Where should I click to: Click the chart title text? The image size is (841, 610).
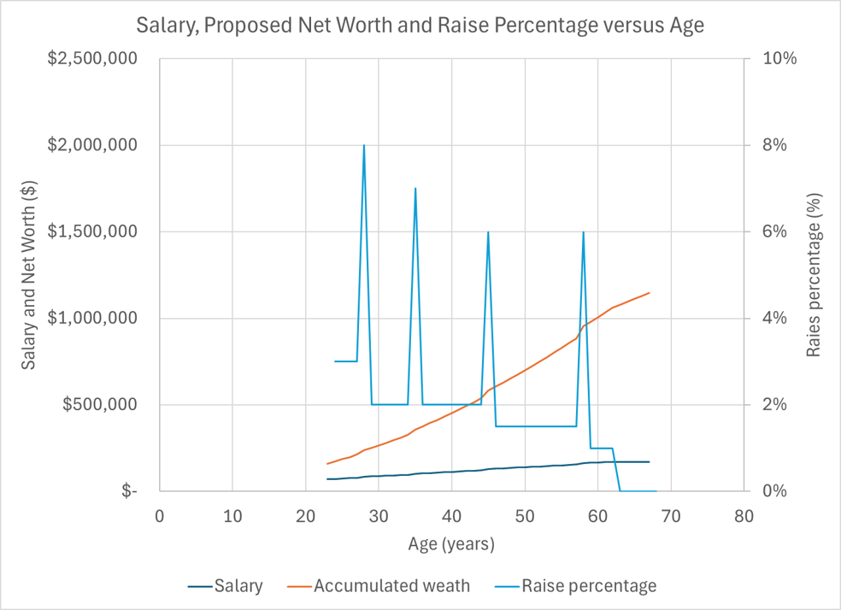coord(420,26)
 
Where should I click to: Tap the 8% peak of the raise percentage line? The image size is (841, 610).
coord(364,145)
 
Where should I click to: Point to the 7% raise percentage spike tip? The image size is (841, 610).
coord(415,189)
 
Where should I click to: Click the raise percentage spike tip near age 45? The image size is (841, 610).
coord(488,232)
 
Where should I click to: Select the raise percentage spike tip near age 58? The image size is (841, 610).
coord(583,232)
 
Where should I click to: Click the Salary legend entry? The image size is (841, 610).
coord(226,586)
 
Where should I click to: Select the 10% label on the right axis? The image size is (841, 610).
coord(779,59)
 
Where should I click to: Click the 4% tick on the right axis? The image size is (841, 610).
coord(774,319)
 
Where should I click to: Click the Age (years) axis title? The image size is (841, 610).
coord(451,544)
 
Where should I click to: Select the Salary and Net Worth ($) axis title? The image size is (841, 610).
coord(29,274)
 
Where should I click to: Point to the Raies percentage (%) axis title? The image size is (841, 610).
coord(814,274)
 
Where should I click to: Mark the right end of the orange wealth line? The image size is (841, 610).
coord(649,293)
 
